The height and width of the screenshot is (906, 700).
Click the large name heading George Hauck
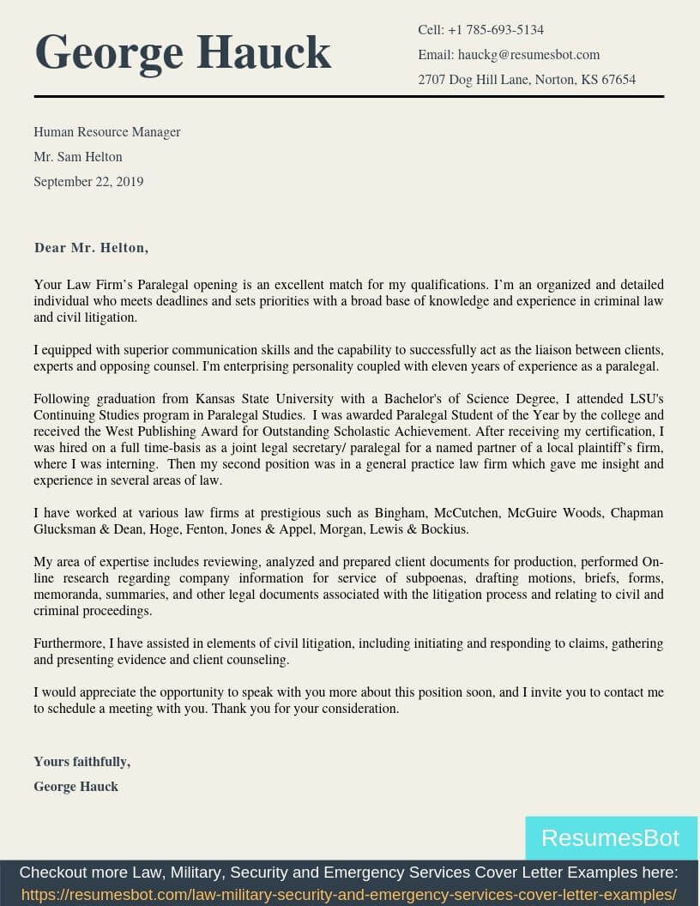[183, 52]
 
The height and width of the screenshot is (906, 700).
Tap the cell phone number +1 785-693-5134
[495, 30]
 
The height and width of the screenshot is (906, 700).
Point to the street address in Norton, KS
[527, 80]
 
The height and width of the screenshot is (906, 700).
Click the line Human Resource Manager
[107, 132]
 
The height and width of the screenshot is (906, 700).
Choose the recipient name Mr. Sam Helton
[78, 157]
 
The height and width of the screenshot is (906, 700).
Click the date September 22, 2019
[88, 182]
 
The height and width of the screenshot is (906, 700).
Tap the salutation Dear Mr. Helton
[91, 248]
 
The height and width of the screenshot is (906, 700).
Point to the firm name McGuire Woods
[554, 513]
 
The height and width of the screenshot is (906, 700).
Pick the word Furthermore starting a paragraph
[68, 643]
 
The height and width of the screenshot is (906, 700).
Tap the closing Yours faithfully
[81, 762]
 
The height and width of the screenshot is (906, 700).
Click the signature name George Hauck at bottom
[75, 787]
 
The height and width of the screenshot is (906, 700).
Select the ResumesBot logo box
[611, 837]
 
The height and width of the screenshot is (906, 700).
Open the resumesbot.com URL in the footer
[348, 895]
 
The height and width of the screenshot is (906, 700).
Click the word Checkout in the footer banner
[52, 873]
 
